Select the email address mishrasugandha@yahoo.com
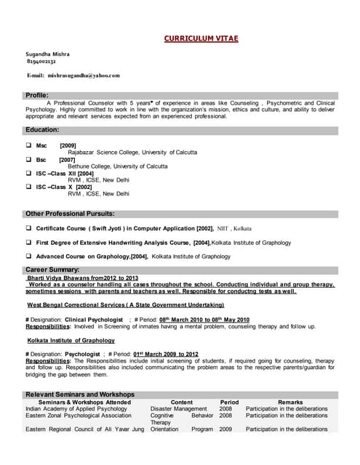click(x=84, y=75)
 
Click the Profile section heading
click(x=37, y=95)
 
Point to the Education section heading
click(x=42, y=129)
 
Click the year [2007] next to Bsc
click(x=67, y=159)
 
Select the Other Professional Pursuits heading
click(x=70, y=214)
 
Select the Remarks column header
click(x=290, y=402)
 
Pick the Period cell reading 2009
click(x=226, y=429)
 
